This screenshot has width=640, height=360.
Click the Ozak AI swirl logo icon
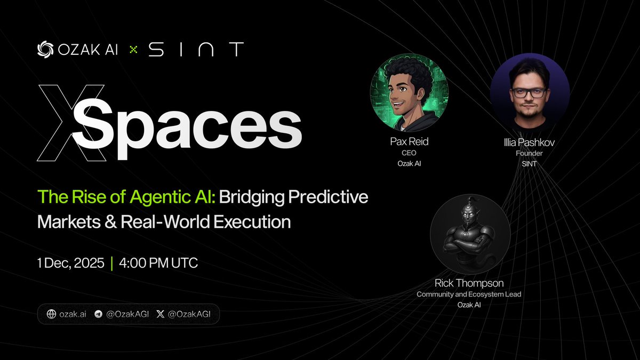click(45, 49)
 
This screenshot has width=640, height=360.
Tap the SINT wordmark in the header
click(196, 50)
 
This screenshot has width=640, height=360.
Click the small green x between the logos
click(133, 50)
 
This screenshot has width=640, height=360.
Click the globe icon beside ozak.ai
click(52, 314)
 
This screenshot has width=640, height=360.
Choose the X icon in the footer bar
click(161, 314)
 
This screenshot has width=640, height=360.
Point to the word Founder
click(530, 154)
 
